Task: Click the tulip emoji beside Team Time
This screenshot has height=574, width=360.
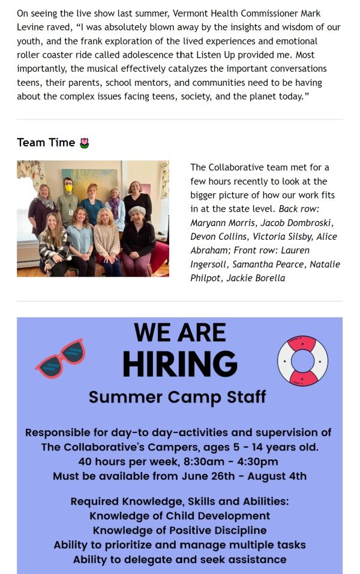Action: click(x=84, y=143)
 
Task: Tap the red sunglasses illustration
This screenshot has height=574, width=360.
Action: click(x=61, y=358)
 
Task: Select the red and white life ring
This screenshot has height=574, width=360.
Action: click(x=302, y=360)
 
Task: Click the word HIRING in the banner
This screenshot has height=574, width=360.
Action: click(x=180, y=363)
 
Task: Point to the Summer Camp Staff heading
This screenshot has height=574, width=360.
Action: click(x=177, y=398)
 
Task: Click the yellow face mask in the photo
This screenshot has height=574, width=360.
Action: click(x=68, y=188)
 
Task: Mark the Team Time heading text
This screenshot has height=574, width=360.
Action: click(x=46, y=142)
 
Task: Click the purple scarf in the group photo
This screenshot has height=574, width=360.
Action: click(x=115, y=208)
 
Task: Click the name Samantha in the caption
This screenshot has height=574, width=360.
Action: click(x=250, y=265)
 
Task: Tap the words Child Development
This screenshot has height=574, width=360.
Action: click(x=218, y=516)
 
